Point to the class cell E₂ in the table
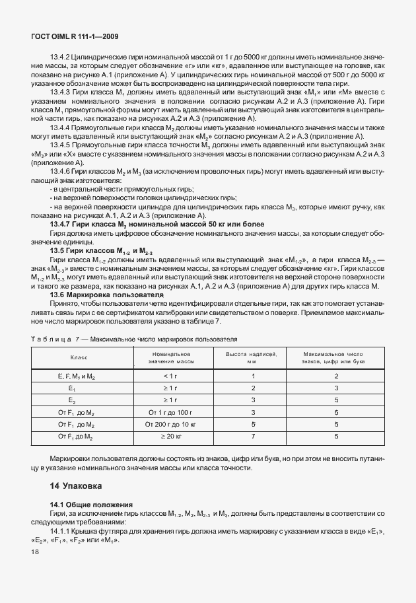[x=72, y=400]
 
